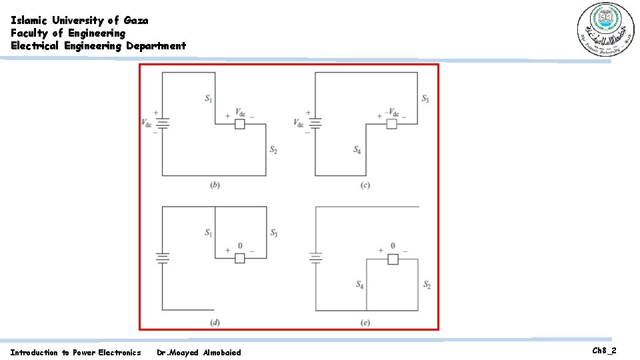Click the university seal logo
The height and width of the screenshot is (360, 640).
coord(603,30)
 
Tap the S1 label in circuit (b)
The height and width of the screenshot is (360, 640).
coord(209,99)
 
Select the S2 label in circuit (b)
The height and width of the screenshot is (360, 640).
coord(273,151)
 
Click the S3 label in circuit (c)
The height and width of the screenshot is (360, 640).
coord(425,99)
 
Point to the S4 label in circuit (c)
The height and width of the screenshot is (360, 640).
coord(358,150)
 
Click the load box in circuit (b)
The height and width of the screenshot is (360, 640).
coord(240,124)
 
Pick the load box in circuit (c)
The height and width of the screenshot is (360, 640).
coord(392,124)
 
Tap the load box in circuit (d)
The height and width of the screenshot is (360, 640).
coord(240,258)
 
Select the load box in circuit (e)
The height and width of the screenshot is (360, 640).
coord(393,259)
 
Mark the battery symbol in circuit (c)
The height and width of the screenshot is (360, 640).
coord(315,123)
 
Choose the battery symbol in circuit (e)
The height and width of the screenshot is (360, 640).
coord(315,257)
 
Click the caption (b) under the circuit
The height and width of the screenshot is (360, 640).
coord(215,185)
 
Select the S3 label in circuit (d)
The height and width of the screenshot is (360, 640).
coord(273,233)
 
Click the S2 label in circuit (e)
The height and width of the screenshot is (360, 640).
coord(427,285)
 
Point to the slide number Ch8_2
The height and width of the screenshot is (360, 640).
coord(603,351)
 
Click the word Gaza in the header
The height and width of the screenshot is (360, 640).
coord(136,20)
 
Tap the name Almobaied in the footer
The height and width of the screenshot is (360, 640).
coord(221,352)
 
